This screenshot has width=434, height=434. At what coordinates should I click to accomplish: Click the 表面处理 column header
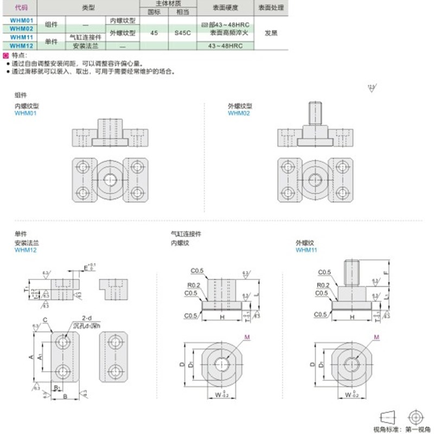click(271, 8)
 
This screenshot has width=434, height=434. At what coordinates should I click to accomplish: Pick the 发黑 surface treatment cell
click(271, 33)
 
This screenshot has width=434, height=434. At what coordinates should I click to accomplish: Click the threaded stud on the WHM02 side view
click(314, 112)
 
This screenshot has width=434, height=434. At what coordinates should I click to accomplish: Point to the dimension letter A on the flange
click(31, 357)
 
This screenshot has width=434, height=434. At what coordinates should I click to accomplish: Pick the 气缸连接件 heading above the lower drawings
click(186, 234)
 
